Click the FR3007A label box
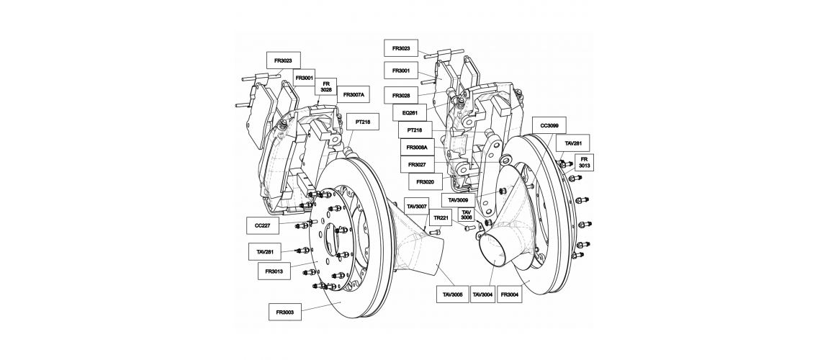click(354, 96)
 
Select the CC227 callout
click(263, 225)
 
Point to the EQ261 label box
click(410, 113)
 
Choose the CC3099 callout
click(549, 125)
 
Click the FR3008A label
click(417, 148)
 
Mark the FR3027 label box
click(417, 165)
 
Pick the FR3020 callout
click(425, 181)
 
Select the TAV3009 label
click(459, 200)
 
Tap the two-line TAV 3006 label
click(467, 215)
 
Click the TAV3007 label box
click(416, 207)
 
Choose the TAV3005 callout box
click(453, 294)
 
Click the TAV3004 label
click(483, 294)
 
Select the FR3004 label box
click(510, 294)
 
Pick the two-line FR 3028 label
click(326, 87)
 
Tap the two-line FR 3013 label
click(584, 163)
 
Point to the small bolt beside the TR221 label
click(435, 232)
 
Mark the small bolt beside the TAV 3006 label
click(469, 228)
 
